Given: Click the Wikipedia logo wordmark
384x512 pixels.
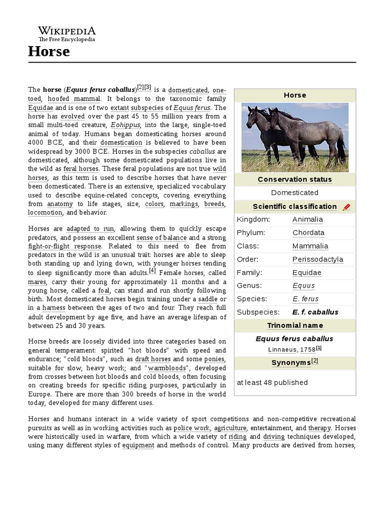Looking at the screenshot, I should [x=66, y=31].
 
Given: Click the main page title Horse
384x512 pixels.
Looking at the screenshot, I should [x=48, y=51].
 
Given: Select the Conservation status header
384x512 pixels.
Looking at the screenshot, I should [x=294, y=179].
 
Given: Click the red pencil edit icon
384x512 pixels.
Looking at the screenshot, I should [x=346, y=207].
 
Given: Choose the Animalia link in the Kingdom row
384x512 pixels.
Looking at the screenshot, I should [x=307, y=219].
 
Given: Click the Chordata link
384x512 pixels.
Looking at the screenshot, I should [x=308, y=232].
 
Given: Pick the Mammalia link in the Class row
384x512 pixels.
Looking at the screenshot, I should [x=310, y=246].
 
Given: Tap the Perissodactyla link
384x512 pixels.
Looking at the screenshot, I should [x=317, y=259].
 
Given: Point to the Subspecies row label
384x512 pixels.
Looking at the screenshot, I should [x=258, y=312].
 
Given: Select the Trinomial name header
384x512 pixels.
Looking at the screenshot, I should [x=294, y=325].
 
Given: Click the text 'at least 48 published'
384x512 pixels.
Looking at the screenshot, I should [x=272, y=382].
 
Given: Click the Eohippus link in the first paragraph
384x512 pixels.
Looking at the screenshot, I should [x=125, y=125].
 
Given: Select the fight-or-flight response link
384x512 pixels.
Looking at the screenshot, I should [x=65, y=246].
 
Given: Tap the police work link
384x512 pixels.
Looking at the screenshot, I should [x=192, y=428].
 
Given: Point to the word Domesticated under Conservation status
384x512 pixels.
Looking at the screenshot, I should [x=294, y=192].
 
